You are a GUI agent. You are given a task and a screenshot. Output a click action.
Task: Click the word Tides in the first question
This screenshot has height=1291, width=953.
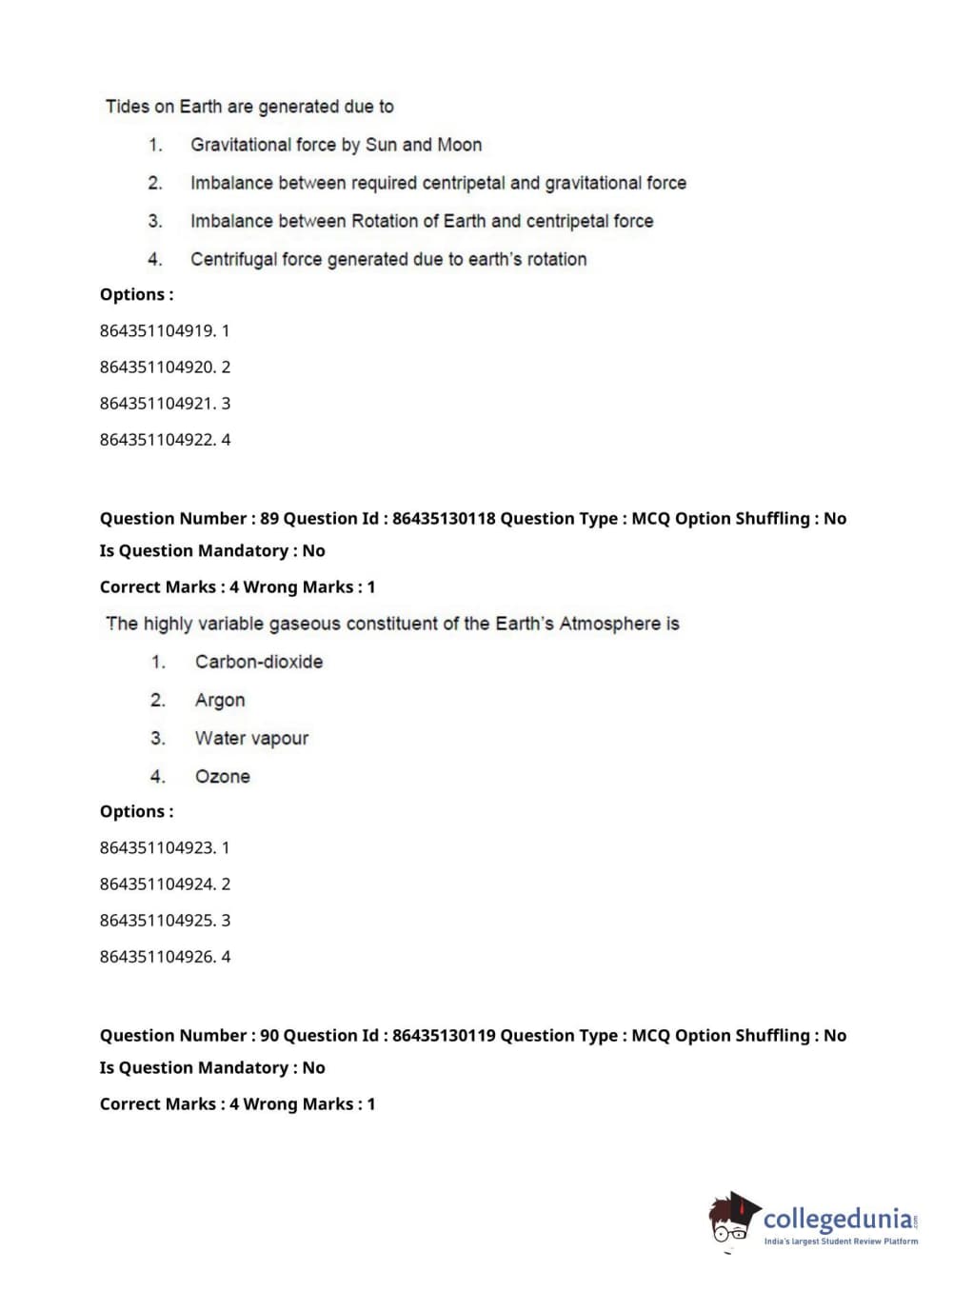[x=127, y=107]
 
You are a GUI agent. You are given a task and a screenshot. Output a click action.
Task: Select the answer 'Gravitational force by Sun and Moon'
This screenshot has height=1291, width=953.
[x=336, y=145]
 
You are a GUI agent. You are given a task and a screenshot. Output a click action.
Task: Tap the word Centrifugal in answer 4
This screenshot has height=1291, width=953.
[x=233, y=259]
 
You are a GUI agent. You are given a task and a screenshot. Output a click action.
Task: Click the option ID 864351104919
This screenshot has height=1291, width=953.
[x=157, y=331]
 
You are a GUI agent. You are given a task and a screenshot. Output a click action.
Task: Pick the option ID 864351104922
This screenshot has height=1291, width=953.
[x=157, y=440]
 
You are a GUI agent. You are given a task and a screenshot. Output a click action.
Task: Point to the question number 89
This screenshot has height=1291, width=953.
[x=269, y=519]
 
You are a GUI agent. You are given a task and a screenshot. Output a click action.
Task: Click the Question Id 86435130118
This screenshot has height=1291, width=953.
[x=444, y=519]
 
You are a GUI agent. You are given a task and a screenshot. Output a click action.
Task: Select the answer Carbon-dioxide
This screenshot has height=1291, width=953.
[x=259, y=662]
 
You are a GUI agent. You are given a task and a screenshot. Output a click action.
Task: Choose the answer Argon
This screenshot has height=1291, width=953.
[x=220, y=700]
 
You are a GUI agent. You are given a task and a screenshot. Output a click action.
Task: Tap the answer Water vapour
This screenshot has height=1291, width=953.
[x=251, y=738]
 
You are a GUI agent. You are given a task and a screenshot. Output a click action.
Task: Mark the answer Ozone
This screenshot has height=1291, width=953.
[x=223, y=776]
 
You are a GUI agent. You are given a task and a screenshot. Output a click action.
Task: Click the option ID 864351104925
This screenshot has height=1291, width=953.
[x=157, y=921]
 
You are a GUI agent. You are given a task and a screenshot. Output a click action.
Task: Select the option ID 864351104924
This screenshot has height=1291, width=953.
[x=157, y=884]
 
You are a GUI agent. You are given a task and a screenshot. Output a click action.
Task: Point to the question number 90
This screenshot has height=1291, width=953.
[x=269, y=1036]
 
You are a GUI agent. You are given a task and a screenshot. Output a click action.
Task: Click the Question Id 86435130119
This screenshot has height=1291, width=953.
[x=444, y=1036]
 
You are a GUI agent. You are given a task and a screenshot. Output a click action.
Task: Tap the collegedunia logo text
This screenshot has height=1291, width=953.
[x=838, y=1219]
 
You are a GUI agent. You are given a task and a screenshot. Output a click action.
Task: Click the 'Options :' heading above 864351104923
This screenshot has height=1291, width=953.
[x=137, y=812]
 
